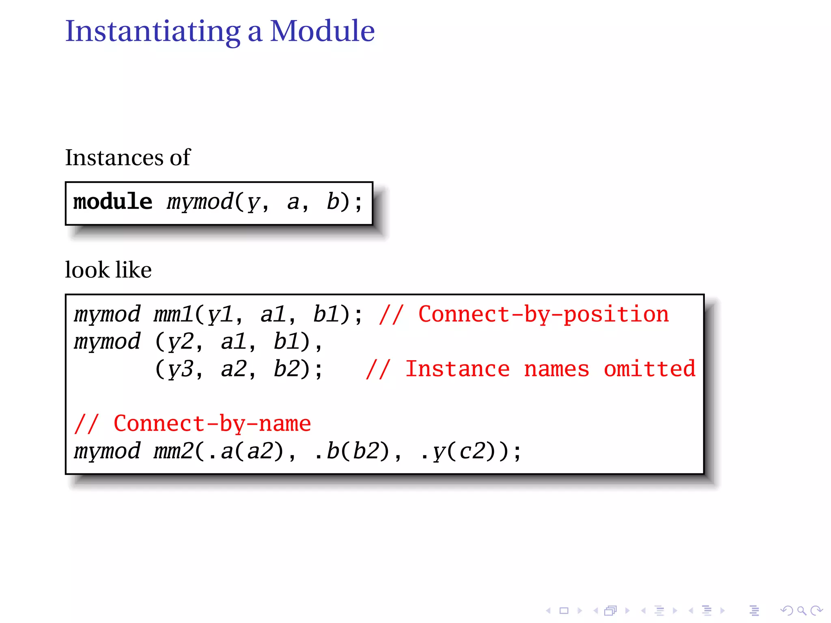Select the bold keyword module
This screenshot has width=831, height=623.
pyautogui.click(x=113, y=202)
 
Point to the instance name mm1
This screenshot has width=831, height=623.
pyautogui.click(x=173, y=314)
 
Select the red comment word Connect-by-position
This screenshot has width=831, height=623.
pyautogui.click(x=543, y=314)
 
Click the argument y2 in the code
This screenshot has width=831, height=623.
pyautogui.click(x=181, y=342)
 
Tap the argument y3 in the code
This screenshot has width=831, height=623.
pyautogui.click(x=181, y=370)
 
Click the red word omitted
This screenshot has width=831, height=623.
pyautogui.click(x=650, y=369)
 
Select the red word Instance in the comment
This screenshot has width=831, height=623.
pyautogui.click(x=457, y=369)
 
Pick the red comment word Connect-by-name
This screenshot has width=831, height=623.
pyautogui.click(x=212, y=424)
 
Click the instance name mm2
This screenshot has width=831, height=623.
pyautogui.click(x=173, y=451)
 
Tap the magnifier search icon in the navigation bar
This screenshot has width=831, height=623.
pyautogui.click(x=801, y=610)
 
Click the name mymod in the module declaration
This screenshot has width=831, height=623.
pyautogui.click(x=200, y=202)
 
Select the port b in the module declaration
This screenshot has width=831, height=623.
pyautogui.click(x=333, y=202)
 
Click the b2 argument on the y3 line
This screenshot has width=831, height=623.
pyautogui.click(x=286, y=370)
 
